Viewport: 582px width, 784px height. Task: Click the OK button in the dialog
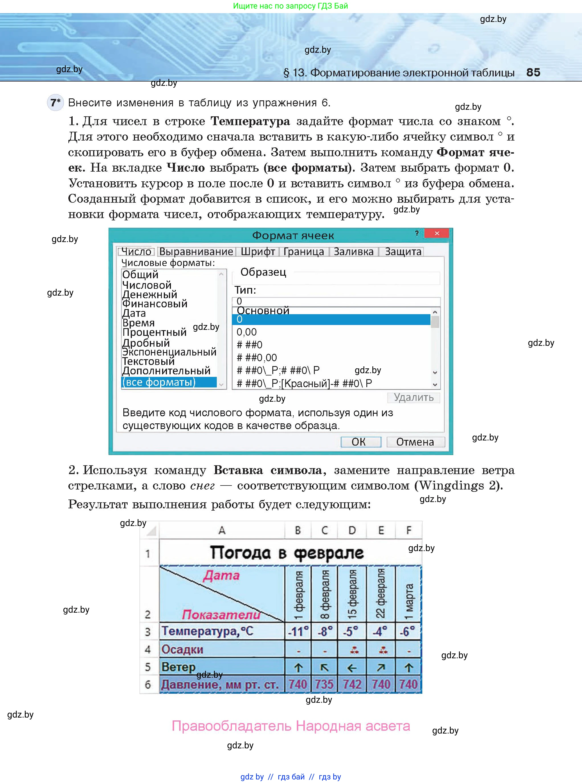point(361,442)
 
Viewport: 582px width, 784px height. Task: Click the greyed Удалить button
point(413,397)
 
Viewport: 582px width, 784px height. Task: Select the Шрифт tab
point(258,251)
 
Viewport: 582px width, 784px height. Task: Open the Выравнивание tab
point(196,251)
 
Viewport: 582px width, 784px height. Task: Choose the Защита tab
point(403,251)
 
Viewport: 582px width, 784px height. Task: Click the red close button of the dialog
point(436,233)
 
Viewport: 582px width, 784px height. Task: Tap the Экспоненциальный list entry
point(169,352)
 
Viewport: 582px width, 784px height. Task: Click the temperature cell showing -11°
point(298,631)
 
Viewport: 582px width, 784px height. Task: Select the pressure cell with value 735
point(324,684)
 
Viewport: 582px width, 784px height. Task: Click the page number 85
point(533,72)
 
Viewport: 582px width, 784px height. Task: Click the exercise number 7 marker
point(55,103)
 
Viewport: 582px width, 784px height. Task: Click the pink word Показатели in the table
point(221,615)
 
